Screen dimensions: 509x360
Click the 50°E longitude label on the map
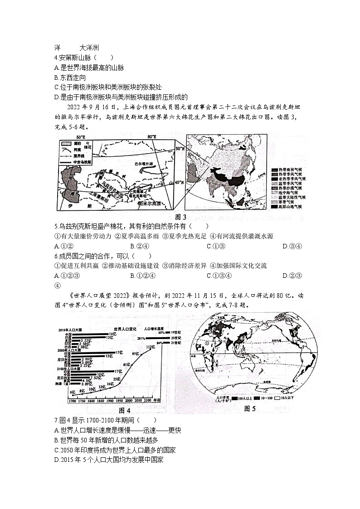(x=81, y=137)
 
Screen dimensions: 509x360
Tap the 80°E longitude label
(x=151, y=137)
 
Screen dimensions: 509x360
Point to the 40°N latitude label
(x=180, y=182)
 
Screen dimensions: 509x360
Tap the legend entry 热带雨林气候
(x=291, y=170)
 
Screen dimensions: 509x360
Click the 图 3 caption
(x=181, y=216)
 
